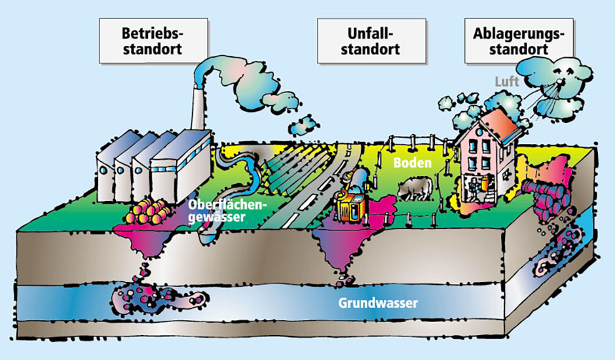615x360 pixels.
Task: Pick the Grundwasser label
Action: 378,304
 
